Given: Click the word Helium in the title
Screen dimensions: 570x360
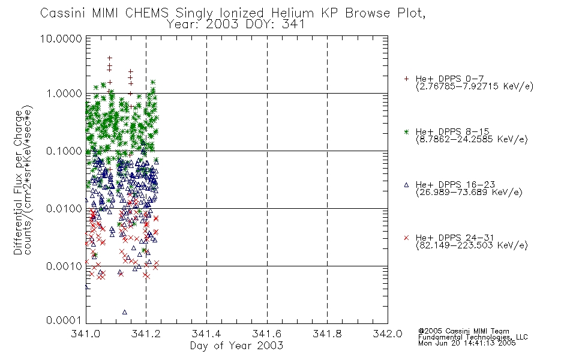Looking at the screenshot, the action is [x=292, y=13].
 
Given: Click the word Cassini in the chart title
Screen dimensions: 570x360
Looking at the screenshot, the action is [x=62, y=13].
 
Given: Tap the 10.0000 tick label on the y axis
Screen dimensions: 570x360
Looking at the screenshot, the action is [x=61, y=38].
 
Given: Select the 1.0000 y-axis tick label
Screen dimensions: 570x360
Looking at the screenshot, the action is [x=64, y=94].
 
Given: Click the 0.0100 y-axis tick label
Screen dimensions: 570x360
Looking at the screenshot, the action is [x=64, y=209].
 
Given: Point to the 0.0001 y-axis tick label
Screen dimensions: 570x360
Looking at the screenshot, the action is [x=64, y=320].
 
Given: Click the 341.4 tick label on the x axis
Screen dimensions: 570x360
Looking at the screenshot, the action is [x=206, y=334].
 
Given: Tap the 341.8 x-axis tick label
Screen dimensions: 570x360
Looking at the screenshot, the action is [x=327, y=334].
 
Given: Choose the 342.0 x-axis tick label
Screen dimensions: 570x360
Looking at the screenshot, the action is [x=388, y=334].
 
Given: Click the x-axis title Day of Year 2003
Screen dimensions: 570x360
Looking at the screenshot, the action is [x=236, y=346].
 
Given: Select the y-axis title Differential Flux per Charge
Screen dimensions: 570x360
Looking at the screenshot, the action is [x=18, y=182].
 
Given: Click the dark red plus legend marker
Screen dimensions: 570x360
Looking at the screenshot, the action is [x=406, y=79].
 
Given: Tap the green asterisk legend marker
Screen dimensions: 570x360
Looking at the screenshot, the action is [x=406, y=132].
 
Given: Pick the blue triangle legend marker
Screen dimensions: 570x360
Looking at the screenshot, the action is [x=406, y=185].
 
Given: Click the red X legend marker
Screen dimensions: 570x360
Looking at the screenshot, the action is [x=406, y=238].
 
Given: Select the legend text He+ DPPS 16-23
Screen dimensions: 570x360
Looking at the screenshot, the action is [x=455, y=185].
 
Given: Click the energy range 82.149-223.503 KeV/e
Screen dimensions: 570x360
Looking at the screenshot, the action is [x=472, y=245].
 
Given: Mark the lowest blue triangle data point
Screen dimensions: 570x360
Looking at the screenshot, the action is [x=125, y=312].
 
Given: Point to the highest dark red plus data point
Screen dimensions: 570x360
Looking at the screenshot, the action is [x=109, y=58].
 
